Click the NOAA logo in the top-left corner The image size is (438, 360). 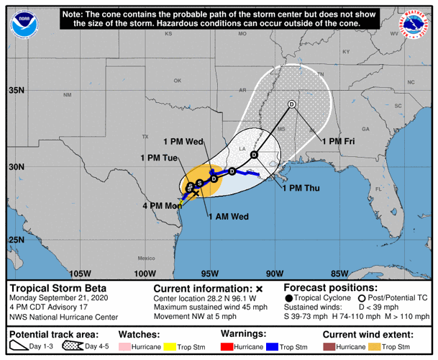(x=24, y=24)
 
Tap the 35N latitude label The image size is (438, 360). (x=17, y=91)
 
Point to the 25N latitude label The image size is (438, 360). (x=17, y=240)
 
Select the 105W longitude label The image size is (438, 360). (x=81, y=273)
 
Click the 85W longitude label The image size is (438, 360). (x=339, y=273)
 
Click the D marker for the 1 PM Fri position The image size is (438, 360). (x=291, y=104)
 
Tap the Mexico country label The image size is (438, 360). (x=147, y=258)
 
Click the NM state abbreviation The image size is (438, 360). (x=68, y=95)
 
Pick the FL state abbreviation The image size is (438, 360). (x=377, y=189)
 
